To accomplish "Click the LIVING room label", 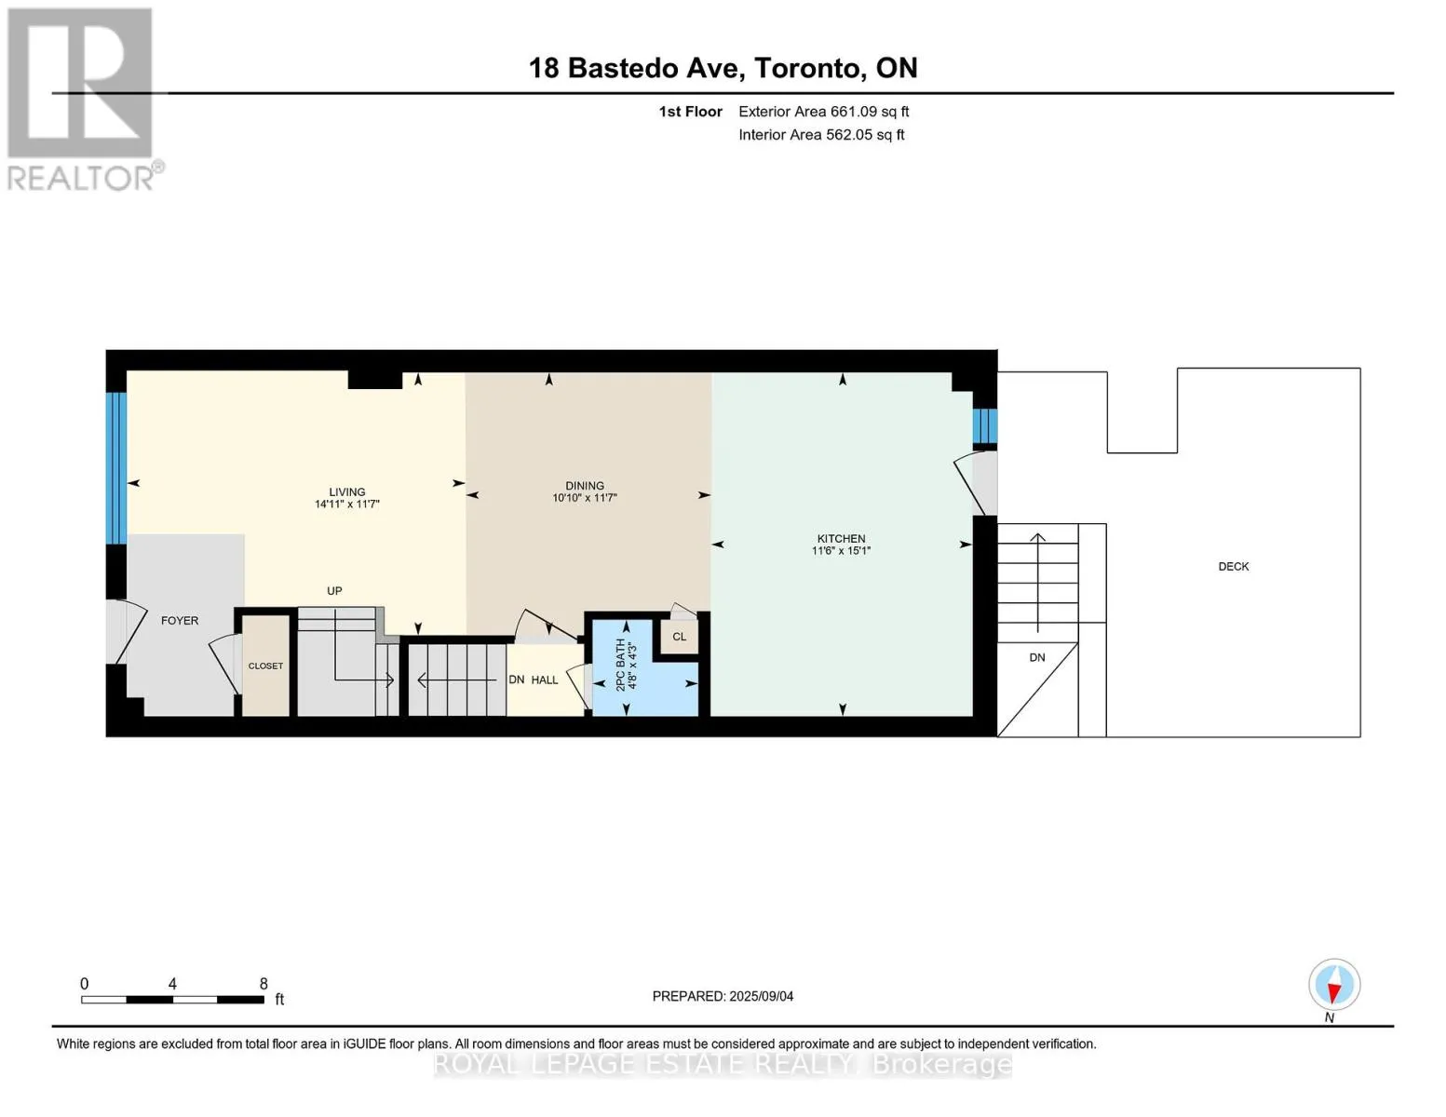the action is pos(346,492).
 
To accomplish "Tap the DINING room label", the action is pos(585,486).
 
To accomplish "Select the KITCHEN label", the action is pos(841,538).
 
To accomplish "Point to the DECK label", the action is pos(1233,566).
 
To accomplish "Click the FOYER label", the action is pos(180,620).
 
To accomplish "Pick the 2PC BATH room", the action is pos(645,668).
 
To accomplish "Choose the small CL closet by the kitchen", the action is pos(679,637).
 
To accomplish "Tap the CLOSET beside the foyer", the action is pos(265,666).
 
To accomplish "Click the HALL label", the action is pos(545,680).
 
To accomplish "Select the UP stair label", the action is pos(334,591).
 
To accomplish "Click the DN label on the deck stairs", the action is pos(1036,657).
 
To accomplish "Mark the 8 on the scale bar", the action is pos(264,983).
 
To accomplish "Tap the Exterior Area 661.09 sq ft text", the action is pos(823,112).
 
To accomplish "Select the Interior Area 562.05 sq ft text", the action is pos(821,134).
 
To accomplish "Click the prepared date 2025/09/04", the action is pos(762,996).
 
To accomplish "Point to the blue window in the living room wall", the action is pos(115,468).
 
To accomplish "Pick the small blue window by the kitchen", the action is pos(985,425).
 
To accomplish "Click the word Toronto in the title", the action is pos(807,68).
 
